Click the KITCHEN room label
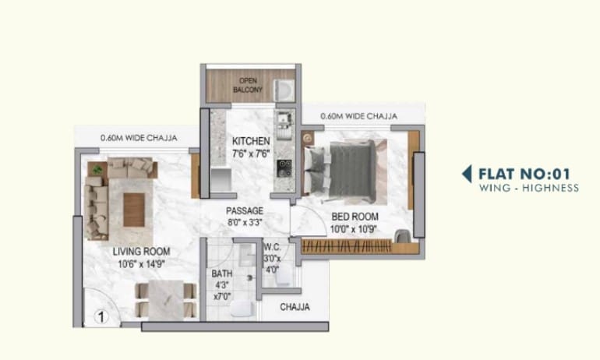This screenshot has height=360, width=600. click(x=251, y=141)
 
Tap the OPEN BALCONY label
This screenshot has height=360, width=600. click(x=248, y=85)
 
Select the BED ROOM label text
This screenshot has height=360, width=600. click(x=355, y=217)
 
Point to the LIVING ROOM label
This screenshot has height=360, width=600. click(x=142, y=252)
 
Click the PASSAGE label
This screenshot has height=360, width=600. click(x=245, y=211)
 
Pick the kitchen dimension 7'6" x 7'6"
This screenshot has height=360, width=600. click(x=251, y=154)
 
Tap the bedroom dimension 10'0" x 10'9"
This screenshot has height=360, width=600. click(x=354, y=229)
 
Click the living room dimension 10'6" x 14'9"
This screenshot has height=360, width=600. click(x=141, y=264)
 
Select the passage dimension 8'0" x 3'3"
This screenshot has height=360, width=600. click(x=245, y=222)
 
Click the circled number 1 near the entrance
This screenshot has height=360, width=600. click(x=101, y=317)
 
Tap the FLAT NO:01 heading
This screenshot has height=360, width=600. click(x=524, y=174)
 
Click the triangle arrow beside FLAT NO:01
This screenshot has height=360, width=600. click(x=467, y=174)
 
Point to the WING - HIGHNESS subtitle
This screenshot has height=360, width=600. click(x=529, y=188)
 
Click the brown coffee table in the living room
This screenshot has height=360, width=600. click(x=134, y=210)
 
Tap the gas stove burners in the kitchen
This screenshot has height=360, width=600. click(x=284, y=168)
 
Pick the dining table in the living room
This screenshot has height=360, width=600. click(x=166, y=299)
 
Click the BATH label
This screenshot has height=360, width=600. click(x=222, y=274)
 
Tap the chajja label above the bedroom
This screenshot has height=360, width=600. click(x=358, y=116)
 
